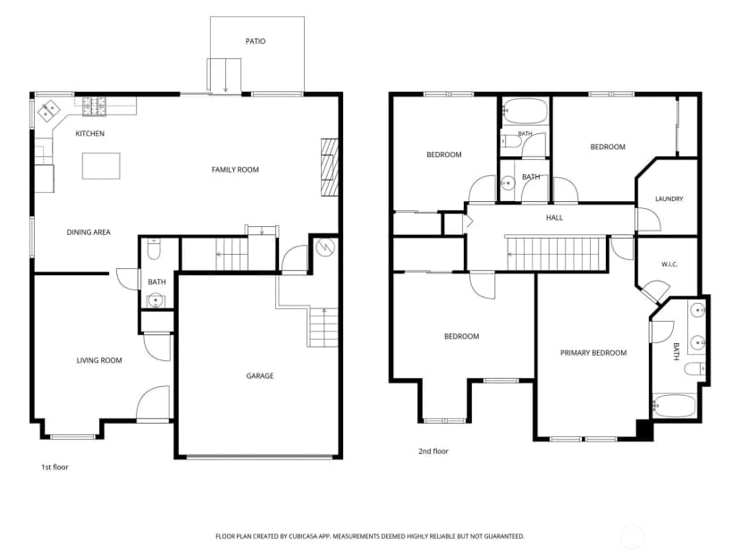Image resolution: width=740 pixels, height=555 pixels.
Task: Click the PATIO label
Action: click(256, 41)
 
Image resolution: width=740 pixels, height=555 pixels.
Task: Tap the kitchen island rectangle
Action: click(101, 165)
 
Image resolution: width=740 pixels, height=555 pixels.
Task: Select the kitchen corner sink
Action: click(48, 111)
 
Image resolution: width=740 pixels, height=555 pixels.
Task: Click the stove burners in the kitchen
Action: click(95, 106)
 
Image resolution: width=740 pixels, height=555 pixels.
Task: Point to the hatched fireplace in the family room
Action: click(330, 167)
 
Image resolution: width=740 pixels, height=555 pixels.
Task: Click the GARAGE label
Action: click(260, 376)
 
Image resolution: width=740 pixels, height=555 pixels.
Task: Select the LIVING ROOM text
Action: click(99, 360)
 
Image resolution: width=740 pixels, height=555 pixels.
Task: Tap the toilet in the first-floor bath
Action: click(155, 249)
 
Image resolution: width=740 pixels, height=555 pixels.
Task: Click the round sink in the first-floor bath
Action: click(156, 300)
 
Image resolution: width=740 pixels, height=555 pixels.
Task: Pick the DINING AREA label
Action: click(88, 232)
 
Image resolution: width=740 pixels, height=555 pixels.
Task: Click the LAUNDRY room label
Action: click(669, 198)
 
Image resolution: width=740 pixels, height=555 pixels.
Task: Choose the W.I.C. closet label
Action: click(669, 265)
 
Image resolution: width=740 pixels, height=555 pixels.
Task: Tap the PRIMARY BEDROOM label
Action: click(593, 353)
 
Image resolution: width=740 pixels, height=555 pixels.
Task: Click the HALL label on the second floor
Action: click(554, 217)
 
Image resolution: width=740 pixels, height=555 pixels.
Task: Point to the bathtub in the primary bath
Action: click(675, 406)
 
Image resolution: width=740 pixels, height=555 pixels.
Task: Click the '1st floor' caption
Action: click(55, 467)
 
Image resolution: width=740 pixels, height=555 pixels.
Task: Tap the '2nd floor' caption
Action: click(433, 451)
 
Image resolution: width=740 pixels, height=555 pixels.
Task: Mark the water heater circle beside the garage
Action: click(325, 248)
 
